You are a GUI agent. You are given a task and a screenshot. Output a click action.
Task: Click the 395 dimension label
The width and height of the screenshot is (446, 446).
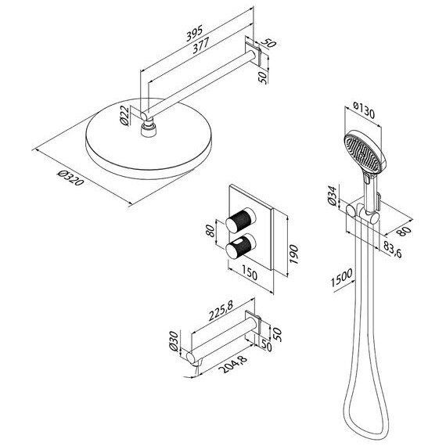click(x=195, y=33)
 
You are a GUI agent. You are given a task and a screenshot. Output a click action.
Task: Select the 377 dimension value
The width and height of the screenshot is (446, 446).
click(x=201, y=45)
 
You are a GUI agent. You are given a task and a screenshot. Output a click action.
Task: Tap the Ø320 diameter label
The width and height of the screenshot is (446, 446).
click(x=70, y=178)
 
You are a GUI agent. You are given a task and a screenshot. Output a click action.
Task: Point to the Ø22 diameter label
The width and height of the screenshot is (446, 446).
click(x=124, y=116)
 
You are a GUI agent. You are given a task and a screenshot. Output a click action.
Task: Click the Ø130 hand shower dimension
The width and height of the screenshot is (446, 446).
click(x=364, y=110)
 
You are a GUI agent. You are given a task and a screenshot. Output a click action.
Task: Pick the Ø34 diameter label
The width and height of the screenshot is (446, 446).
click(x=333, y=196)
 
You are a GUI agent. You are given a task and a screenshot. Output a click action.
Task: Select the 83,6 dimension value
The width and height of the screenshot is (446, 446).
click(x=393, y=250)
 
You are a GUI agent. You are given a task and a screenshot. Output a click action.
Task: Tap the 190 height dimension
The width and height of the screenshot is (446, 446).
click(x=293, y=254)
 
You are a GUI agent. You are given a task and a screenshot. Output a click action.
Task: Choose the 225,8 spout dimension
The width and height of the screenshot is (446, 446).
click(x=221, y=311)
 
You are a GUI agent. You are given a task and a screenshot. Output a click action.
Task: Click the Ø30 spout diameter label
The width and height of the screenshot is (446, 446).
click(x=173, y=341)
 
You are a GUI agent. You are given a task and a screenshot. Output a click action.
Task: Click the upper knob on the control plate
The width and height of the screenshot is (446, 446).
click(x=240, y=219)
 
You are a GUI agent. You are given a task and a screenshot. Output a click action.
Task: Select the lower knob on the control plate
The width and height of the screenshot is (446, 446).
click(x=240, y=246)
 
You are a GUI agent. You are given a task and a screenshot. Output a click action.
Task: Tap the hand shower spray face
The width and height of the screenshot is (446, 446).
click(x=361, y=152)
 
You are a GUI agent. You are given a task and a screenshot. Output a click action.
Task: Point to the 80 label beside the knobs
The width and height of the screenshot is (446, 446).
click(x=210, y=231)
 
